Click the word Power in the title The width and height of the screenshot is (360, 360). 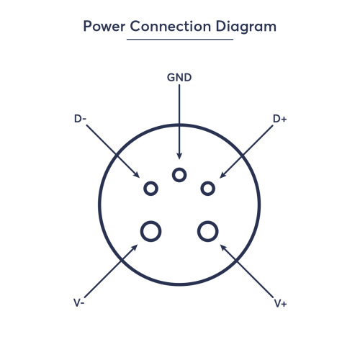(104, 26)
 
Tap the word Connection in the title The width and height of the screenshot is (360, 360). (171, 26)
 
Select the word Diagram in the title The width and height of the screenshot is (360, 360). (246, 27)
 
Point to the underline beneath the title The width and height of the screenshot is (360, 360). (180, 39)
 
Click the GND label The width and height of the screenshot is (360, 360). (179, 78)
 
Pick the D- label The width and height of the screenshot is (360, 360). (80, 119)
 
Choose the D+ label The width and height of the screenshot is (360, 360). (280, 119)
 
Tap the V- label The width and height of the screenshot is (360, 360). (79, 303)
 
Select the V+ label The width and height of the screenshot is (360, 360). (281, 304)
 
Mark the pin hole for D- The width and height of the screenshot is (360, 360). (150, 182)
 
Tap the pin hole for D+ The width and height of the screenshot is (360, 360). (208, 182)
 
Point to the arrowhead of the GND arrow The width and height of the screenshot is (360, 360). (179, 156)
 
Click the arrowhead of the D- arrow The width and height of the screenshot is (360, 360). (137, 175)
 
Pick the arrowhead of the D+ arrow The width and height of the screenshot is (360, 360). (222, 175)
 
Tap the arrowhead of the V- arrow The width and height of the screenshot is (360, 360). (135, 248)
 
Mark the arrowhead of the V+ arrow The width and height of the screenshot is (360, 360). (223, 248)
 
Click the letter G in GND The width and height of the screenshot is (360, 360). (171, 78)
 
